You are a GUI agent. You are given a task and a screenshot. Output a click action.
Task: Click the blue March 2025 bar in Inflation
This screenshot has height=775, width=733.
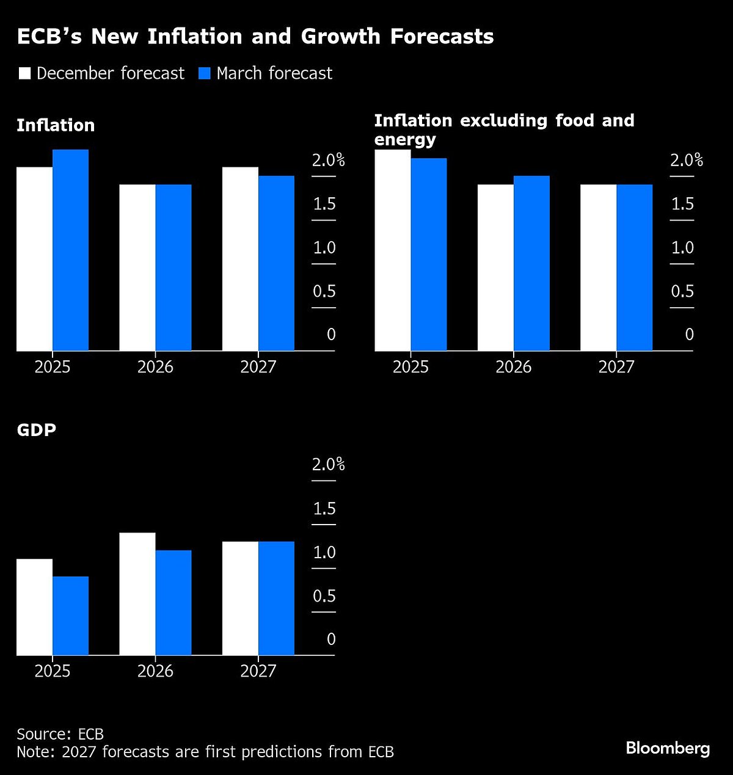70,250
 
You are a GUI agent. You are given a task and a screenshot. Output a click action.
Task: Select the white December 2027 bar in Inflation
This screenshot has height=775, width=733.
240,259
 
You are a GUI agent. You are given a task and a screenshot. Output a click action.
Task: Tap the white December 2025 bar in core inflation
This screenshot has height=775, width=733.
392,250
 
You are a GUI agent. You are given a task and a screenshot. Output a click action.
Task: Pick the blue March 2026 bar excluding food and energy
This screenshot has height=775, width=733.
531,263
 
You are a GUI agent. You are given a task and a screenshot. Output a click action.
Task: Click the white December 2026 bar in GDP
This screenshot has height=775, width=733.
137,594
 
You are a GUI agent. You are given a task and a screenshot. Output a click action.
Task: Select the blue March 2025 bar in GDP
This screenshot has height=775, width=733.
70,616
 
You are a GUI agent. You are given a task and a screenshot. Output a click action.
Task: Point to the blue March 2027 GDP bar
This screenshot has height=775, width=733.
276,599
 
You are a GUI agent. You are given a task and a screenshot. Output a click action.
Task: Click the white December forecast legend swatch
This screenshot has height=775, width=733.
25,74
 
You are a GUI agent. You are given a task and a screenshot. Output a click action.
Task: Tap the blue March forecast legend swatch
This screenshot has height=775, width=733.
205,74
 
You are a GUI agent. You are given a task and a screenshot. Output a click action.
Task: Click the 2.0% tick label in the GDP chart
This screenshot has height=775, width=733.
328,465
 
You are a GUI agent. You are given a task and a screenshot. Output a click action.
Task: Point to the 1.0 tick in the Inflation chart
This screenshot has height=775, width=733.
324,248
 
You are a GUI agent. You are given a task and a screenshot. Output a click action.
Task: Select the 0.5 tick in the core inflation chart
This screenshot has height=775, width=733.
682,291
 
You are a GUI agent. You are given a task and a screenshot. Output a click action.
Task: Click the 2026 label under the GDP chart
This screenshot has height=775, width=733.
155,671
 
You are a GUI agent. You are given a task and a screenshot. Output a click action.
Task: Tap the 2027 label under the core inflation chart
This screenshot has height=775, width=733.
616,367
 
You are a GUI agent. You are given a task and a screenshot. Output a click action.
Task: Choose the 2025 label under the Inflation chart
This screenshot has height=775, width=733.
53,367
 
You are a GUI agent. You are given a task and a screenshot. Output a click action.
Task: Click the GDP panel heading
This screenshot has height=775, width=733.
36,430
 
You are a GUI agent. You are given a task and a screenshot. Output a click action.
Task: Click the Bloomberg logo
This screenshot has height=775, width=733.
668,748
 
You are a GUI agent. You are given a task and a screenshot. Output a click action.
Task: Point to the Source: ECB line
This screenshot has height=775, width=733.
60,734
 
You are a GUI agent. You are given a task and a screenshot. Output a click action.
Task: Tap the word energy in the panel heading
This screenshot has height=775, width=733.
405,140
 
